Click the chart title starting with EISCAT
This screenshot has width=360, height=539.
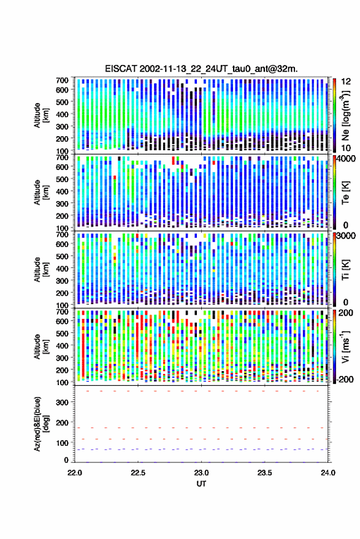[x=201, y=69]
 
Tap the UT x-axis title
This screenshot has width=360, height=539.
[x=201, y=484]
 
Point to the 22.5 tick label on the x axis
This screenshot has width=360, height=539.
[x=138, y=473]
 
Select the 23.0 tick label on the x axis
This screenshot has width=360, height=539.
[x=201, y=473]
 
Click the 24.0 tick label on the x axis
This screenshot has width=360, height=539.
[x=327, y=473]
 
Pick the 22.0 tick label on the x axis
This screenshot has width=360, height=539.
[x=75, y=473]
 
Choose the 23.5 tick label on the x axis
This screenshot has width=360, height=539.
[x=264, y=473]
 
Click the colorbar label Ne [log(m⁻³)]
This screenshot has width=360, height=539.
[x=345, y=115]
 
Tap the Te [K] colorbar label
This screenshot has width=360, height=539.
[x=345, y=193]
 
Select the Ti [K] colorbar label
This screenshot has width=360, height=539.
[x=345, y=270]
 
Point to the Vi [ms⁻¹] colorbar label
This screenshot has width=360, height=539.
[x=345, y=346]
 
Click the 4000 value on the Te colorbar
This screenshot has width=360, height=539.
[x=347, y=159]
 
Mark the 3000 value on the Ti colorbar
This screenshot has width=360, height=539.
[x=347, y=236]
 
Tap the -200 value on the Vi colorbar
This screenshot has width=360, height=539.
[x=345, y=380]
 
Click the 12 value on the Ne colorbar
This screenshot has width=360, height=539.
[x=347, y=82]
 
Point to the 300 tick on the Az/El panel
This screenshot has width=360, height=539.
[x=62, y=402]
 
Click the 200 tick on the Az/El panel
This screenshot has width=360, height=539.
[x=62, y=422]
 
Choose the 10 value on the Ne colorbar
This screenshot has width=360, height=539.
[x=347, y=148]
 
